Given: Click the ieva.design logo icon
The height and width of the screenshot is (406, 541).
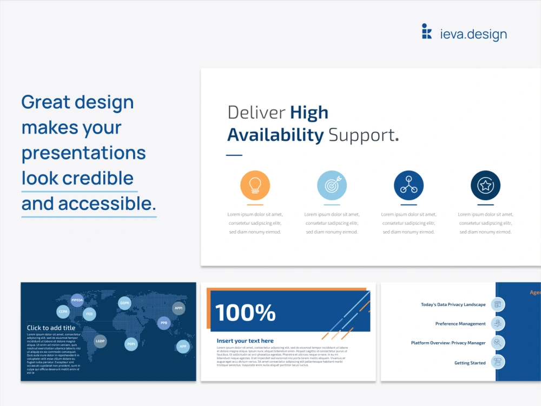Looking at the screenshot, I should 427,31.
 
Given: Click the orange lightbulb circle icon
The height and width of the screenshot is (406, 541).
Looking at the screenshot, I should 255,186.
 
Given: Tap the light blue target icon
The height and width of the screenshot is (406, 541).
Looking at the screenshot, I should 332,186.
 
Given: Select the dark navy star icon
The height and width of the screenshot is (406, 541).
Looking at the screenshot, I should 485,186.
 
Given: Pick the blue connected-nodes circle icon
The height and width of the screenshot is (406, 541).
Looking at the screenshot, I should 408,186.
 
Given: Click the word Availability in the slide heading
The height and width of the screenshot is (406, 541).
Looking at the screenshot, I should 275,135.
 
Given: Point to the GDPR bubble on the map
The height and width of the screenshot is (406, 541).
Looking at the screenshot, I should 125,303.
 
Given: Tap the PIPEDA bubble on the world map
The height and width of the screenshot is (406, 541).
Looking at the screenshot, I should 77,300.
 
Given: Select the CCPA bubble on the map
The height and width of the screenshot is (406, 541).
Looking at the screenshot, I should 63,312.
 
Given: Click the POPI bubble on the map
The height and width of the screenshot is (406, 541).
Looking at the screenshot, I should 131,344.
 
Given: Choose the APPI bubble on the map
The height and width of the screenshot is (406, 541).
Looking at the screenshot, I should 179,308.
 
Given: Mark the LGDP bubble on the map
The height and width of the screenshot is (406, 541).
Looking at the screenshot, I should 100,341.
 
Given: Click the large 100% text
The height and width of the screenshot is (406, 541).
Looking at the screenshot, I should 245,312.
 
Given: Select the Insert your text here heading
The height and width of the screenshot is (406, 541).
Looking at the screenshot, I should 245,341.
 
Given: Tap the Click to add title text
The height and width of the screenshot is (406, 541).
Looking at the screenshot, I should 51,328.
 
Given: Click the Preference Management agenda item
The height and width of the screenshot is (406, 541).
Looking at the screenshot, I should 460,324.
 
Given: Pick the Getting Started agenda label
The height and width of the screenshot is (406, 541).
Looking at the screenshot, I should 470,363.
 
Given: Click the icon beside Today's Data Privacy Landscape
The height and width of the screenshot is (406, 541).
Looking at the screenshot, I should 498,304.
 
